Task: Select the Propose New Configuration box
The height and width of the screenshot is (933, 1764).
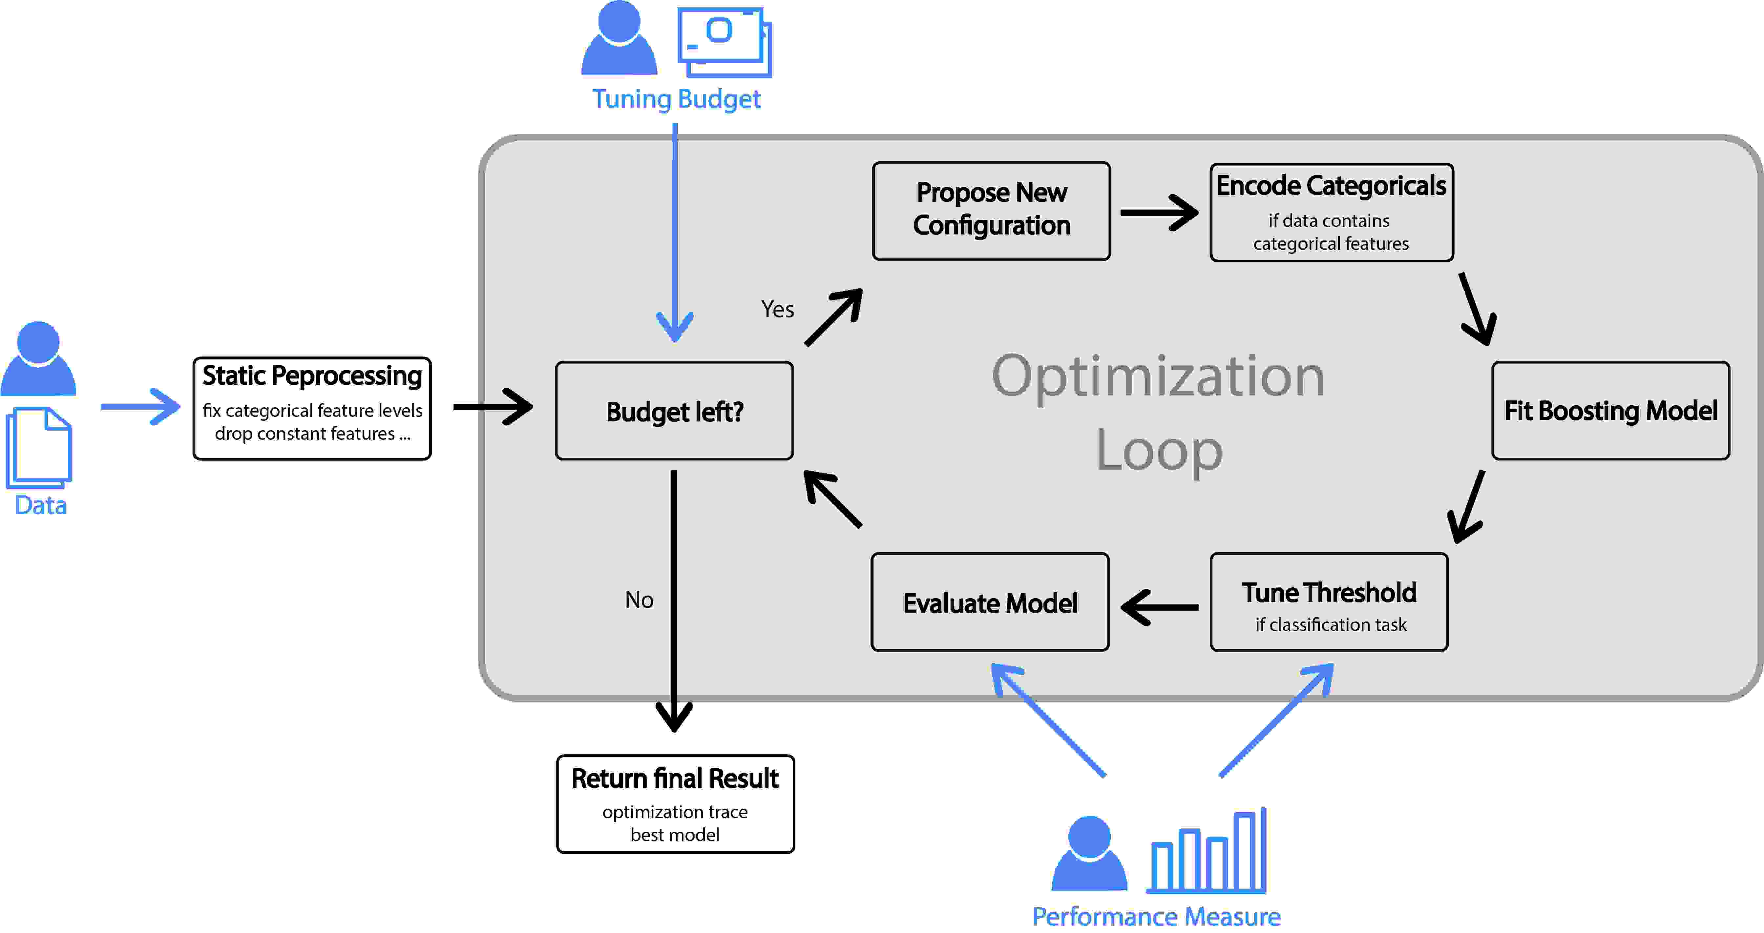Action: coord(991,211)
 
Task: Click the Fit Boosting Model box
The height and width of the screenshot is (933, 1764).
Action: coord(1610,411)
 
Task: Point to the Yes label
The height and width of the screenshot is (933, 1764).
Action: coord(777,309)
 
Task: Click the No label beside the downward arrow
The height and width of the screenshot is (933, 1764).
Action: coord(639,599)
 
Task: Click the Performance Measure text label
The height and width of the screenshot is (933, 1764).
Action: coord(1156,916)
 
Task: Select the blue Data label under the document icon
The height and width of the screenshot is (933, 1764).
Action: coord(40,505)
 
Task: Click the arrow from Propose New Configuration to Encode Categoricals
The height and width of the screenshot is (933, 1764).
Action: coord(1159,213)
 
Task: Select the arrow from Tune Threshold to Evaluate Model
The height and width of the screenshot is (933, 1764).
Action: coord(1159,606)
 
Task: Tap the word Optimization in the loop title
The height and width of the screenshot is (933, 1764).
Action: coord(1157,376)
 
